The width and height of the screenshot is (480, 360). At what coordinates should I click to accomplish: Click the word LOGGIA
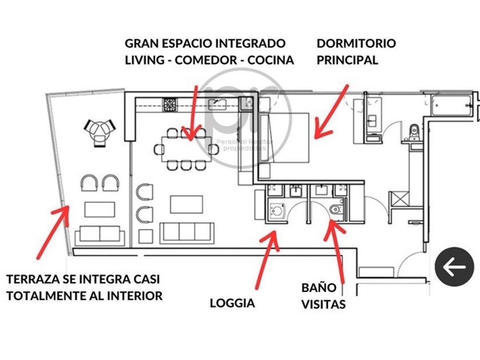233,303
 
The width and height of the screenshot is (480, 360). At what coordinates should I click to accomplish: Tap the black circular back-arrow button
455,267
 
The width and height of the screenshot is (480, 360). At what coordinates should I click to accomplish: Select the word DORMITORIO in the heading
356,43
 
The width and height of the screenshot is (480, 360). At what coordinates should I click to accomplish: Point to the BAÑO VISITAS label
323,296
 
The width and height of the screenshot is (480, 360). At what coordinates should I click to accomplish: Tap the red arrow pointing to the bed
332,111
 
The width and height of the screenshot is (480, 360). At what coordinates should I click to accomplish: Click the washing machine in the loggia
278,210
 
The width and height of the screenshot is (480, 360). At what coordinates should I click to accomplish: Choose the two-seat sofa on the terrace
99,234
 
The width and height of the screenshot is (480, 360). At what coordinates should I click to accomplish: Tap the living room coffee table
186,203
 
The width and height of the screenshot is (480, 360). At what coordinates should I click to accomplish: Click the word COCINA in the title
271,60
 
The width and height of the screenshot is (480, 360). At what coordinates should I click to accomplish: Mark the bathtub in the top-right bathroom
451,107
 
